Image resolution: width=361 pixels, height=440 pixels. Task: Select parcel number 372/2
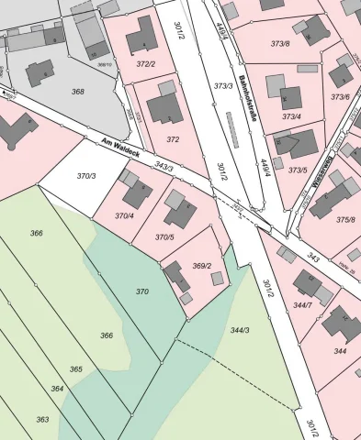tap(145, 64)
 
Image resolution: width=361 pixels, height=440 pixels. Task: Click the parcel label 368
tap(77, 91)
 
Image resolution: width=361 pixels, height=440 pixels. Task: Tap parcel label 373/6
tap(340, 96)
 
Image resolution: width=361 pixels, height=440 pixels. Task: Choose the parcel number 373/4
tap(291, 116)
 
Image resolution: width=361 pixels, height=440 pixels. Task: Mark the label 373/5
tap(298, 170)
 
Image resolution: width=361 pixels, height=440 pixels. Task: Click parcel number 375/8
tap(344, 219)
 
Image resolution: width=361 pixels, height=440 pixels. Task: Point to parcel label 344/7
tap(302, 304)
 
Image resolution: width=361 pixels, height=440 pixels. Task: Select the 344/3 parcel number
tap(240, 329)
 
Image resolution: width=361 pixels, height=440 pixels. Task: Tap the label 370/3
tap(86, 175)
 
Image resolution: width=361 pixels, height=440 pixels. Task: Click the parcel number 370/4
tap(123, 215)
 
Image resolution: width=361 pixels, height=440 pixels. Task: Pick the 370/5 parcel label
tap(164, 236)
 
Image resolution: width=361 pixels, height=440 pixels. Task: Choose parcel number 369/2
tap(202, 266)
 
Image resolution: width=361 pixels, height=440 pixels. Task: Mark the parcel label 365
tap(76, 368)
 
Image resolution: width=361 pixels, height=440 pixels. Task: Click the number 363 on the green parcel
tap(42, 419)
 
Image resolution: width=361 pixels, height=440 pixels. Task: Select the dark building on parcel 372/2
tap(142, 38)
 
